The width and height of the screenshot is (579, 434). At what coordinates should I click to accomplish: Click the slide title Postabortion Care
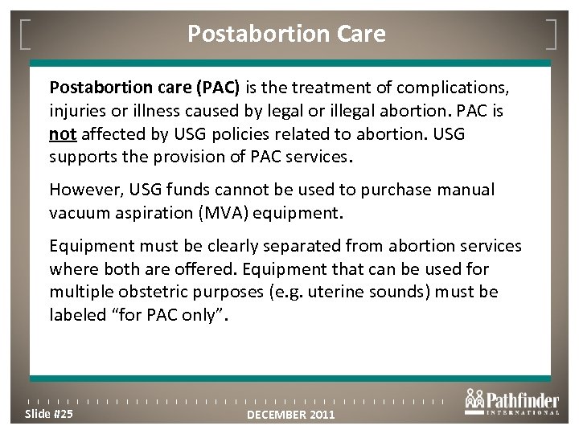[x=286, y=34]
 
